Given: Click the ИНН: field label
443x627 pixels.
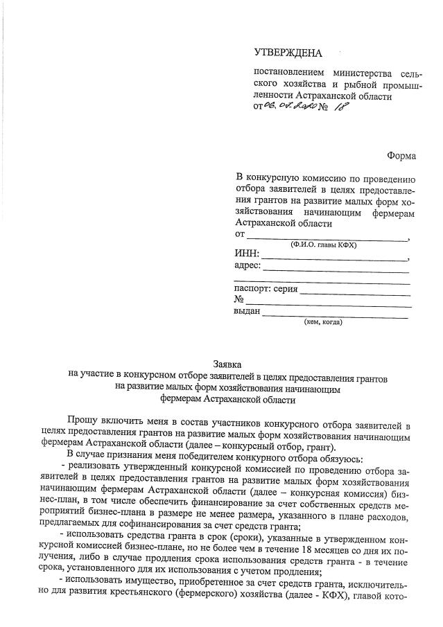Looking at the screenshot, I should pyautogui.click(x=247, y=255).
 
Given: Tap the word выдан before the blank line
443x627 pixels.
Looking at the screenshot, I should pyautogui.click(x=247, y=312).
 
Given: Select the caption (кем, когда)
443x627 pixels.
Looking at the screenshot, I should pyautogui.click(x=323, y=322).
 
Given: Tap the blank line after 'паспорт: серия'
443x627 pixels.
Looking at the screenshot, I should pyautogui.click(x=355, y=292).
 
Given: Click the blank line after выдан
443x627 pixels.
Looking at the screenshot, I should pyautogui.click(x=336, y=315).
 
